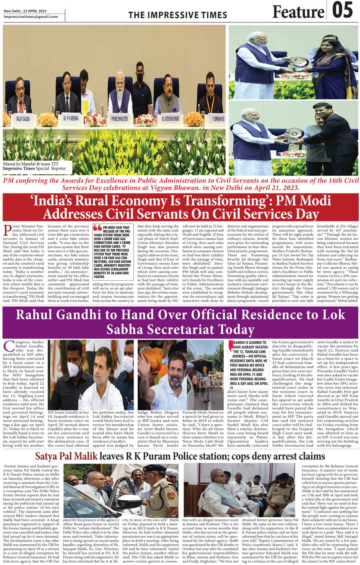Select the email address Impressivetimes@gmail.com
[x=31, y=17]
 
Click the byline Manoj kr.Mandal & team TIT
[x=28, y=164]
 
